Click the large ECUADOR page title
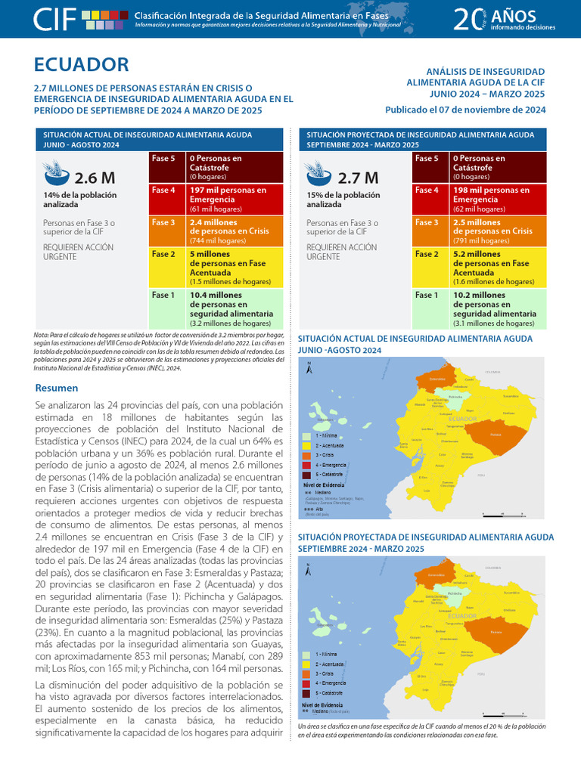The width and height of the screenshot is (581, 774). (x=82, y=65)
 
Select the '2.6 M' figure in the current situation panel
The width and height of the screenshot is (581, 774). (x=95, y=178)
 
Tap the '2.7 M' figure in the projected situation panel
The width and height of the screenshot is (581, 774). (x=358, y=178)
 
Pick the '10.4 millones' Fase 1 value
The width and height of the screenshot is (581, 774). (x=215, y=295)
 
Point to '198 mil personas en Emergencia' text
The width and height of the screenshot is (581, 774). (x=491, y=194)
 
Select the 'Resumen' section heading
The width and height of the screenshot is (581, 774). (x=57, y=388)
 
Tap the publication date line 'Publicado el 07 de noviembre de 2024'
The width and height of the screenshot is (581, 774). (x=465, y=109)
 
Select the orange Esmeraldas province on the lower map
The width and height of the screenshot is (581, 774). (x=436, y=574)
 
